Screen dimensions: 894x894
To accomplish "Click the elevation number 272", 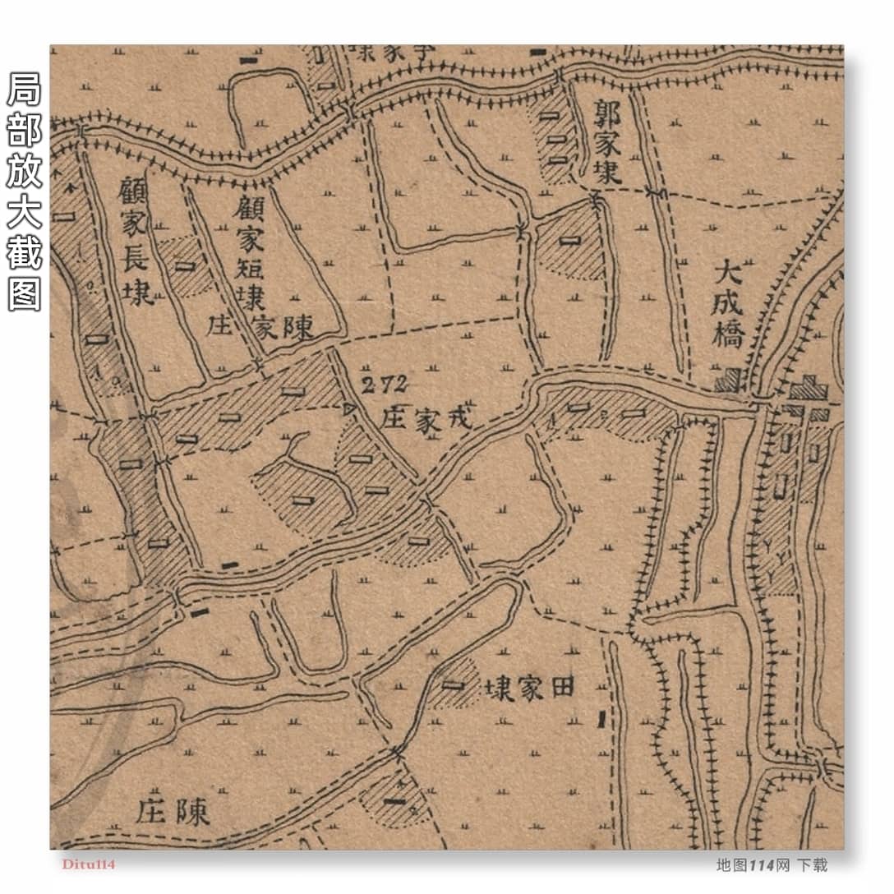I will [385, 384].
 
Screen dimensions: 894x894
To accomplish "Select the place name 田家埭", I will [528, 689].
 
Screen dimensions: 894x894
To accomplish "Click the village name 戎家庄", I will [427, 419].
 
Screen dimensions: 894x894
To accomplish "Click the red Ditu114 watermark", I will [88, 864].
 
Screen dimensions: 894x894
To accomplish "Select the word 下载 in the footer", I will [812, 864].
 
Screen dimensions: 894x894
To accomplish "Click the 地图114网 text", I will [753, 864].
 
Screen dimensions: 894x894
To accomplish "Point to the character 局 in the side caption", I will [24, 90].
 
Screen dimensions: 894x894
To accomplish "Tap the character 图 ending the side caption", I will [24, 293].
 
